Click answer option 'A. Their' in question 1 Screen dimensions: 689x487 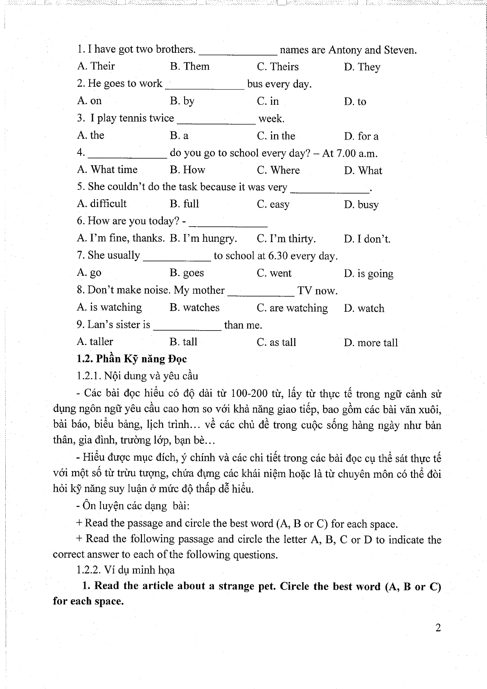coord(96,66)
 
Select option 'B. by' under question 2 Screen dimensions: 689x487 coord(182,101)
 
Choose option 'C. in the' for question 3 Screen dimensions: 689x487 coord(276,136)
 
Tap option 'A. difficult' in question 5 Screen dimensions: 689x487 coord(101,204)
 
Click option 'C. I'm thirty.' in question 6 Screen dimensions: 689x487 coord(286,239)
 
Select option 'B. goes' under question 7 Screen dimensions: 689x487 coord(187,273)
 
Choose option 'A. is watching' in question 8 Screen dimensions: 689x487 coord(109,307)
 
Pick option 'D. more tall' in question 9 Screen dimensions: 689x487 coord(371,342)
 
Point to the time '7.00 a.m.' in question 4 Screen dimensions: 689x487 coord(356,154)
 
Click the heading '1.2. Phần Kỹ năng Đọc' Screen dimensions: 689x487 coord(131,359)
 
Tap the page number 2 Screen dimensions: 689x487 coord(438,628)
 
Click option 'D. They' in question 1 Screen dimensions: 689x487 coord(362,67)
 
